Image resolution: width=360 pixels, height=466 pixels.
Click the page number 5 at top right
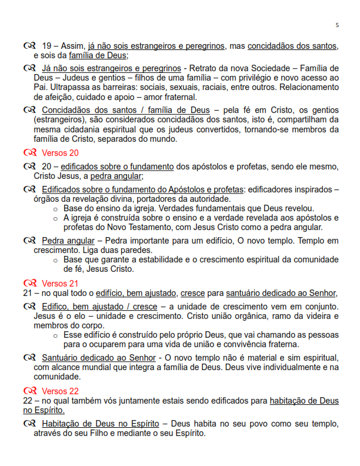point(337,25)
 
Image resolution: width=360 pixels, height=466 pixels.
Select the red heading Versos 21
point(60,283)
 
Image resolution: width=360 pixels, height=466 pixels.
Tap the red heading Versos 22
point(60,391)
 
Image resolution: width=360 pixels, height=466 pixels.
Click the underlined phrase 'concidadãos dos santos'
point(292,46)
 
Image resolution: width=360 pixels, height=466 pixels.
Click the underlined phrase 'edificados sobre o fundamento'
point(116,167)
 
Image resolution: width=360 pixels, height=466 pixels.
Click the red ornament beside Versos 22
point(30,391)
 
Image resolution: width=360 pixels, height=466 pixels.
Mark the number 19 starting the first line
point(48,46)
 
